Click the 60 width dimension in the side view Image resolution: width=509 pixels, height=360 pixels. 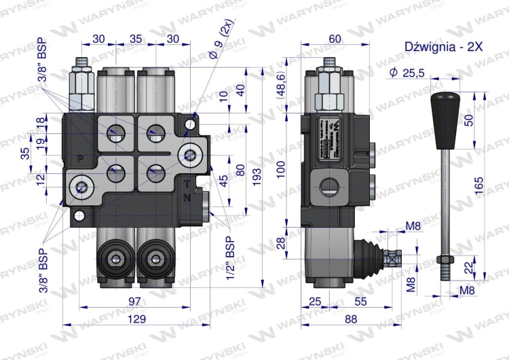[x=335, y=39]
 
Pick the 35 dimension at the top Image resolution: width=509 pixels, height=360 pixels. [x=135, y=39]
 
